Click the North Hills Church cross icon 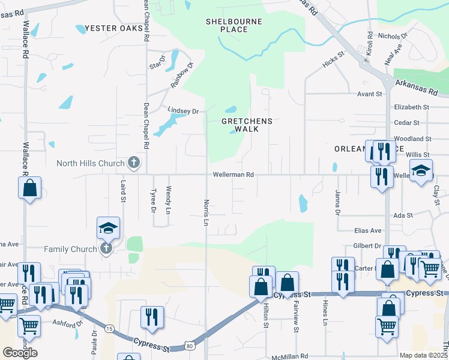coord(133,163)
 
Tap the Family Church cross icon coord(106,249)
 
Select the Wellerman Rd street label coord(233,175)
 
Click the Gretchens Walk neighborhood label coord(247,125)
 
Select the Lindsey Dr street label coord(182,111)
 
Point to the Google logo coord(20,353)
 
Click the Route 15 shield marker coord(109,328)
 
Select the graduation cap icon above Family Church coord(109,227)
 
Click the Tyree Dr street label coord(153,201)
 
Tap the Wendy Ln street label coord(169,201)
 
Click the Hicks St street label coord(333,58)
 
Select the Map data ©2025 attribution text coord(423,355)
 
